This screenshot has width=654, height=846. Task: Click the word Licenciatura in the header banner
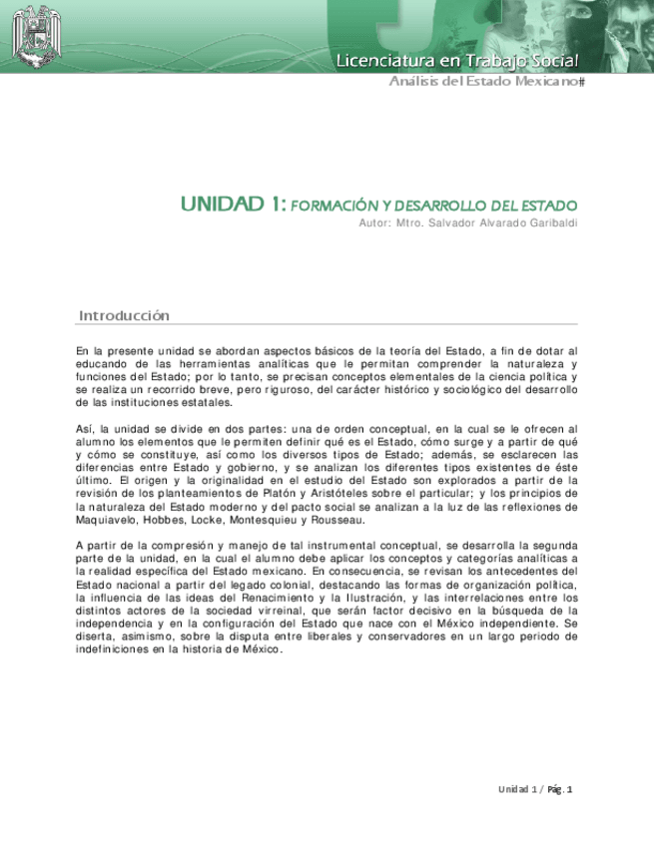380,61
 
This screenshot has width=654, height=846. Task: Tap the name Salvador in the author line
442,222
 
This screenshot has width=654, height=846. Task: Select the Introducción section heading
124,316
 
